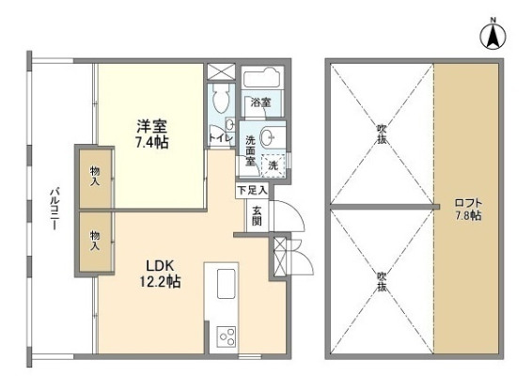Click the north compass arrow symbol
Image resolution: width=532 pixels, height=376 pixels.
490,38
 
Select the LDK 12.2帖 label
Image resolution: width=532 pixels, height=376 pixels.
163,273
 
